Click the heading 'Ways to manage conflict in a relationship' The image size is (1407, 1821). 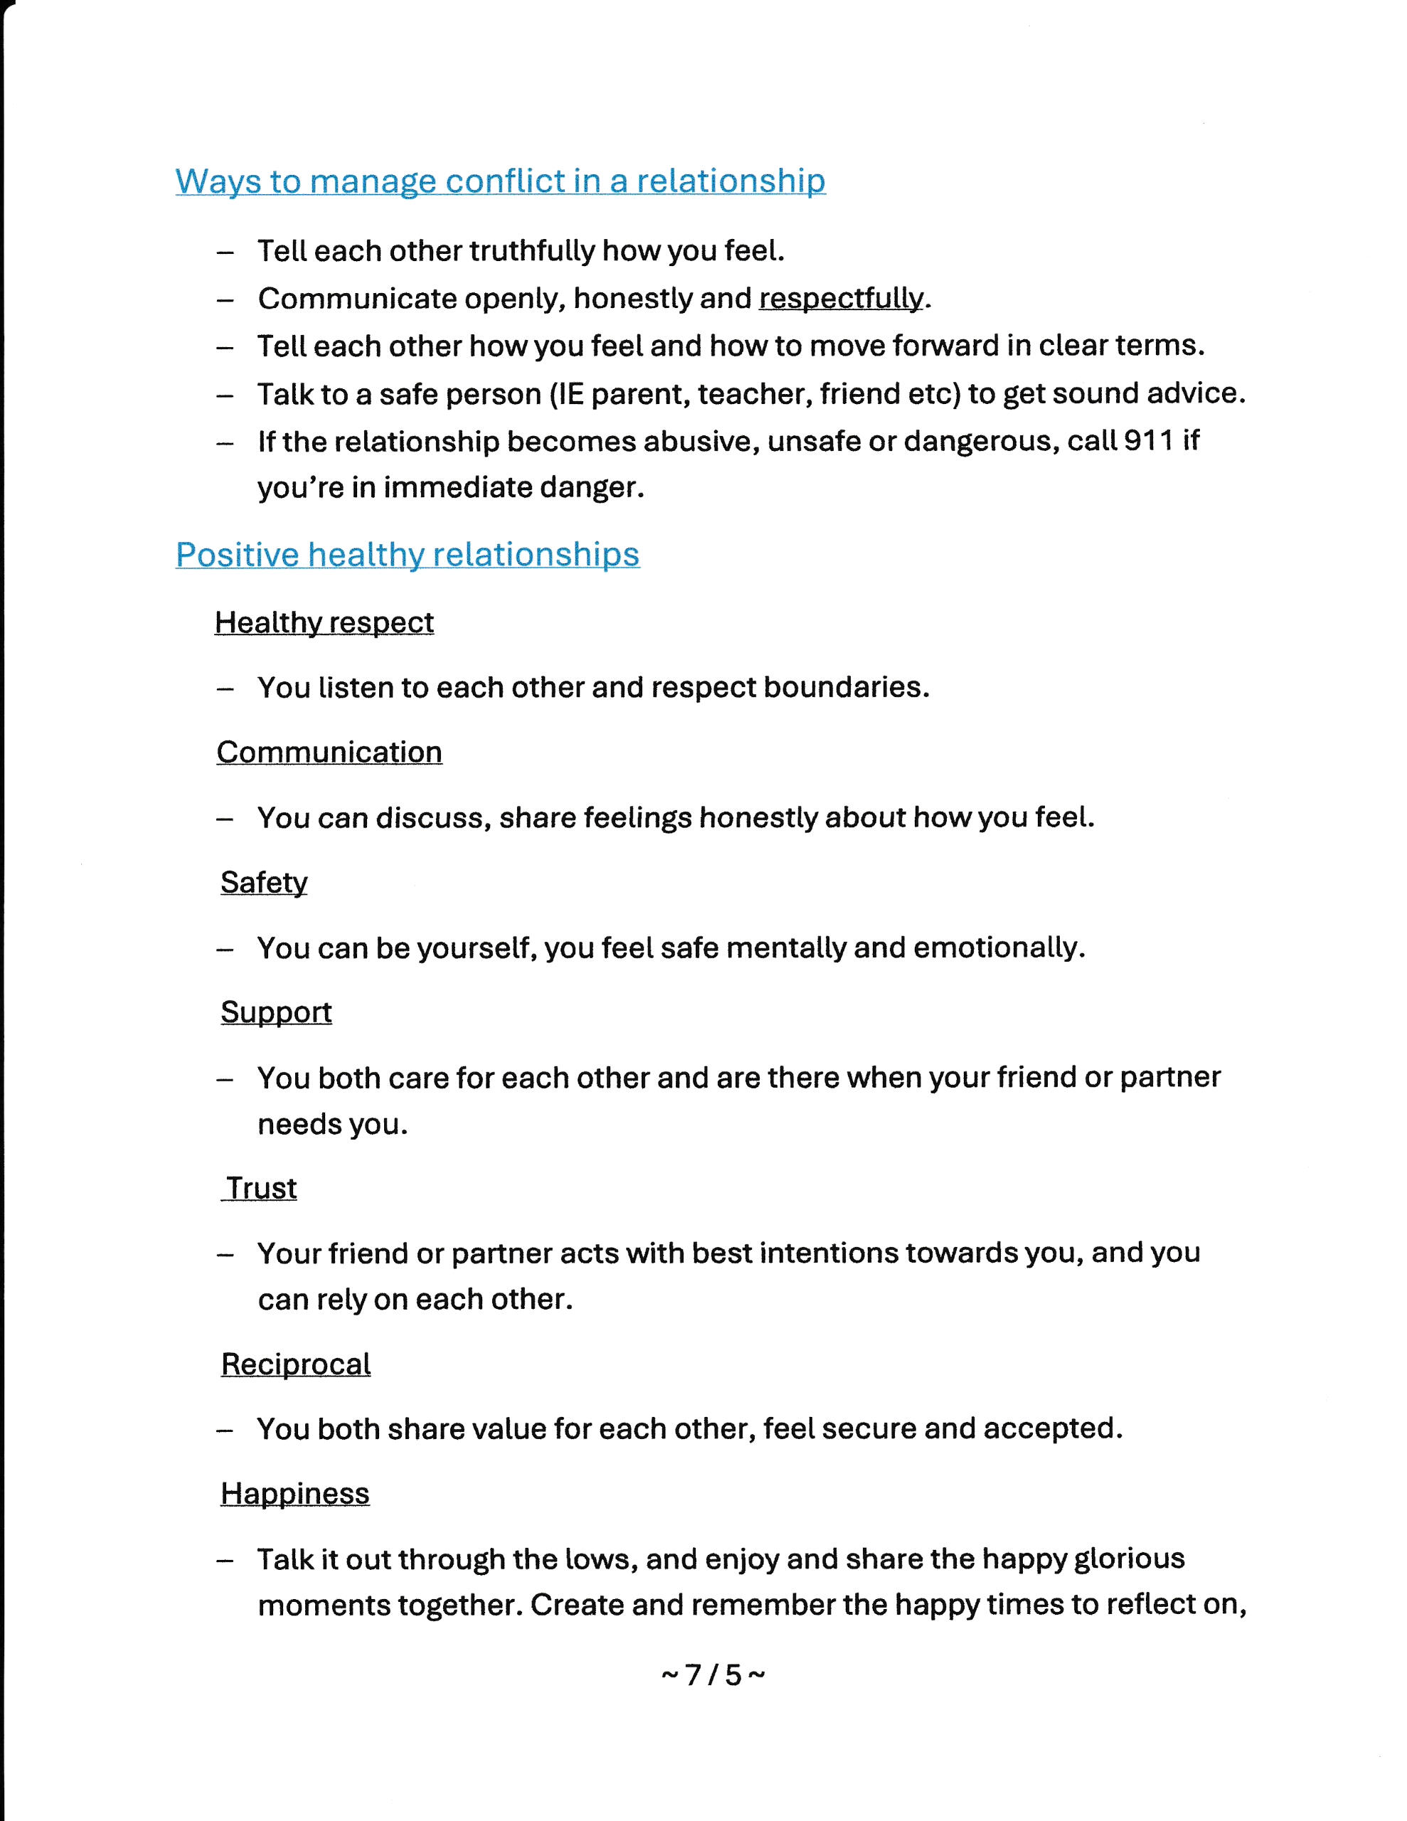[499, 181]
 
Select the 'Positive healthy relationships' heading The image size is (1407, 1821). [407, 554]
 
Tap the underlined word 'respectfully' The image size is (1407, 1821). [841, 299]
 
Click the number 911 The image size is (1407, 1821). [1149, 440]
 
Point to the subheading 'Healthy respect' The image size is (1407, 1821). [324, 622]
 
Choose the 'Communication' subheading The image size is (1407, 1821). [329, 752]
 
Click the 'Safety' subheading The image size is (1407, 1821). [264, 882]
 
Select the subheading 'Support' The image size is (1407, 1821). [276, 1012]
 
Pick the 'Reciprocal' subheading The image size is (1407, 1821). [295, 1364]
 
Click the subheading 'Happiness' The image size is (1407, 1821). [294, 1493]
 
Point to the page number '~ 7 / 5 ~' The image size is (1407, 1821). [712, 1674]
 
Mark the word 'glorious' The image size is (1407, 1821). [1130, 1559]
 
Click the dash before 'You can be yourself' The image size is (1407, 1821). [224, 949]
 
